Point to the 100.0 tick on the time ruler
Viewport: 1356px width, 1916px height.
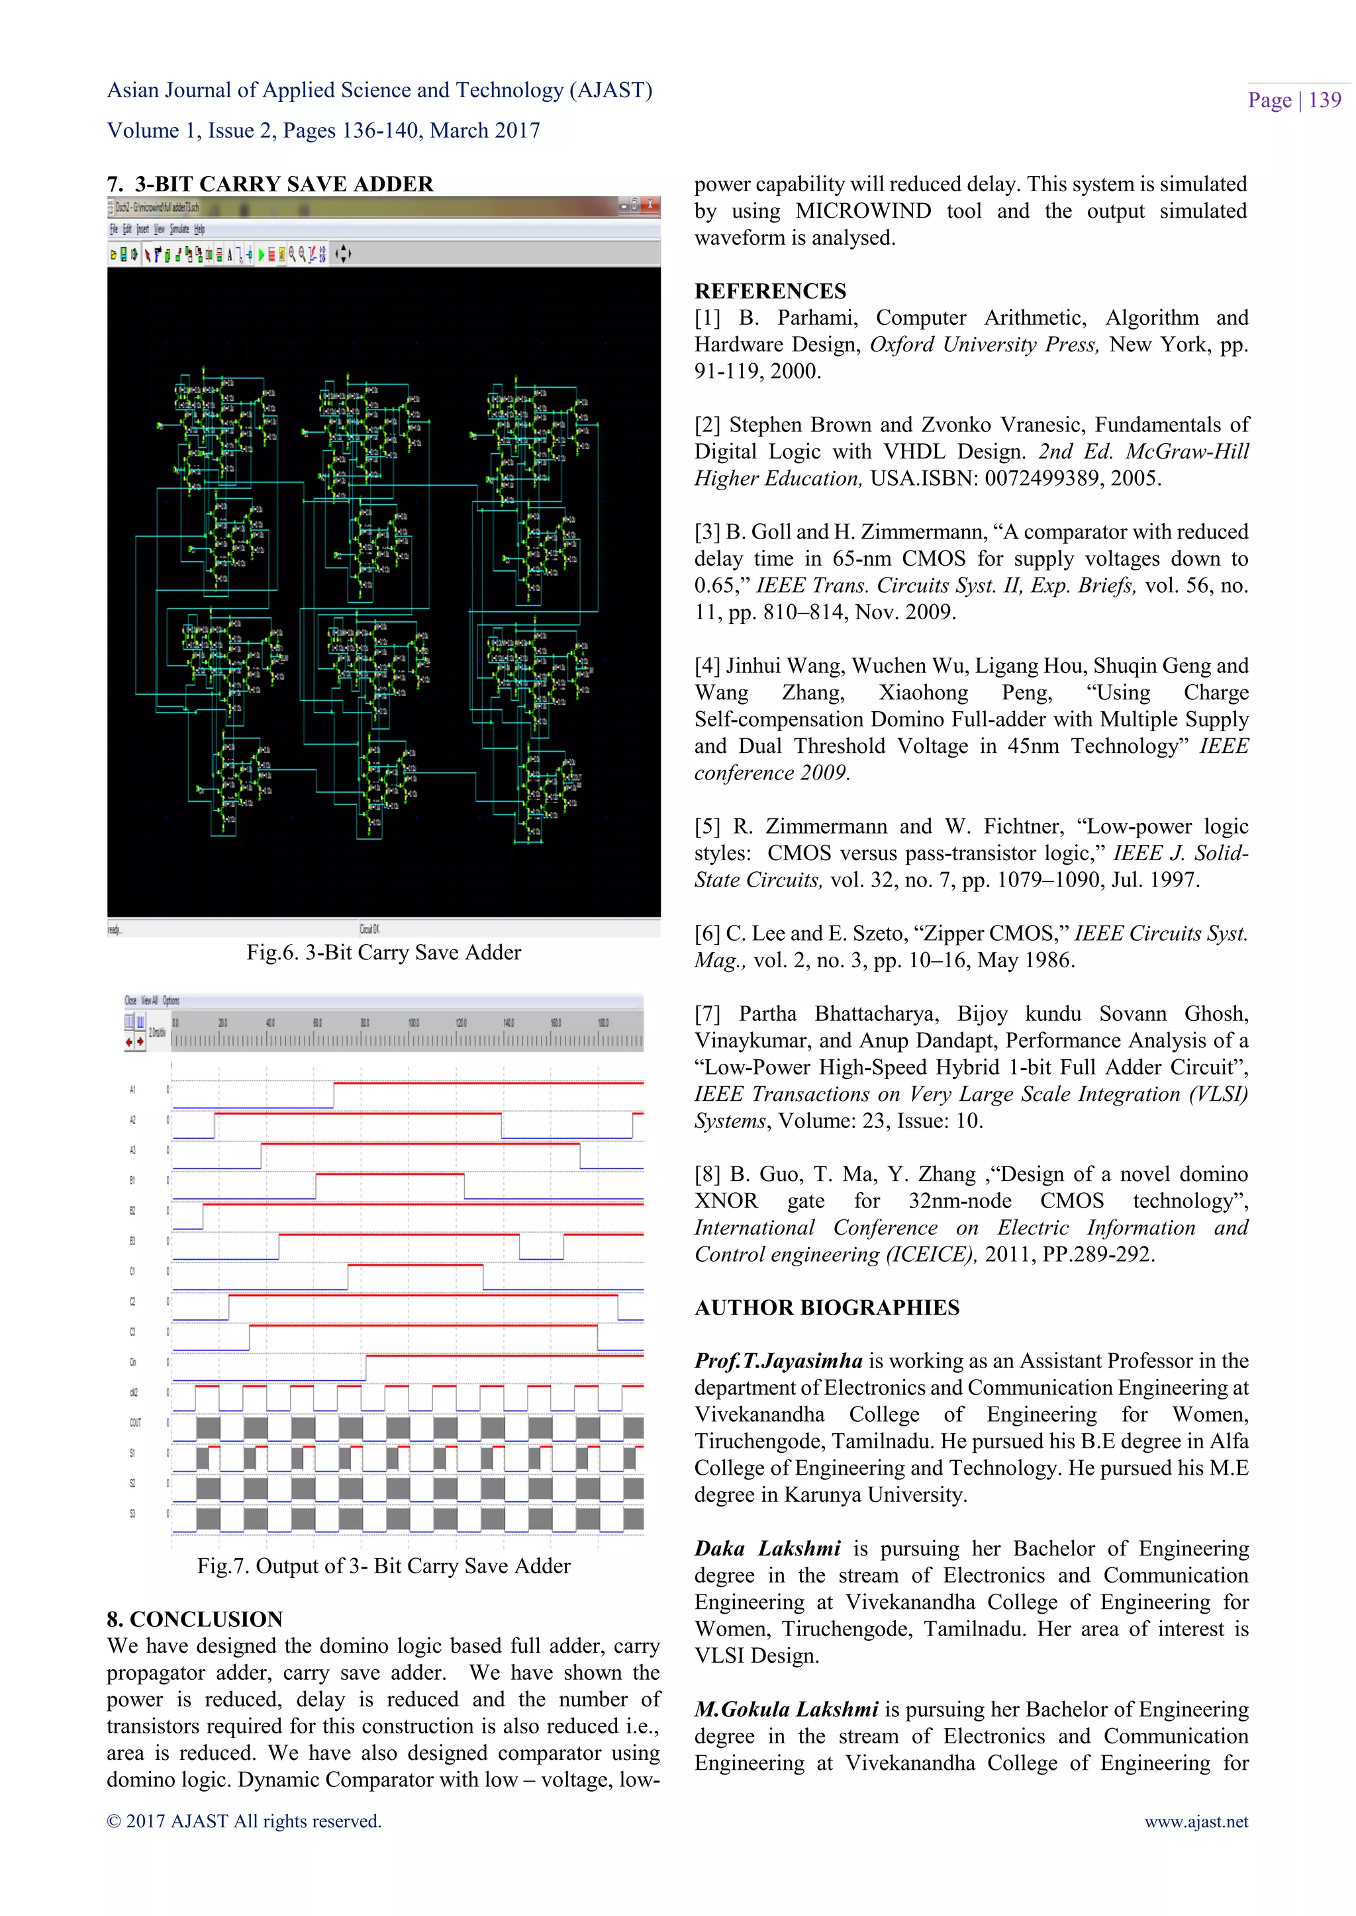[413, 1022]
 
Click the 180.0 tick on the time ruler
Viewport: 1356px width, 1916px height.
[603, 1022]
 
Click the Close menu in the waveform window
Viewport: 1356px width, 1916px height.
[130, 1000]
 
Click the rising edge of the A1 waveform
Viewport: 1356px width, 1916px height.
[334, 1095]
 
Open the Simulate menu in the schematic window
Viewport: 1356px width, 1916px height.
[179, 229]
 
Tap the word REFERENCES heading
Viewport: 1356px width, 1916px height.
[770, 291]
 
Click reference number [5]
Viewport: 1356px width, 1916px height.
[706, 826]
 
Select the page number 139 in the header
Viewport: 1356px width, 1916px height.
[1324, 100]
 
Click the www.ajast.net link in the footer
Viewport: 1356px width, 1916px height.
[1196, 1821]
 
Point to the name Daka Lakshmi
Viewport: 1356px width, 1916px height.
[767, 1549]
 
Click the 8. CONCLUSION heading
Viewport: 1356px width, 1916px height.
[195, 1619]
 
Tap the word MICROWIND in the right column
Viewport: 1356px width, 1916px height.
[863, 211]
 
